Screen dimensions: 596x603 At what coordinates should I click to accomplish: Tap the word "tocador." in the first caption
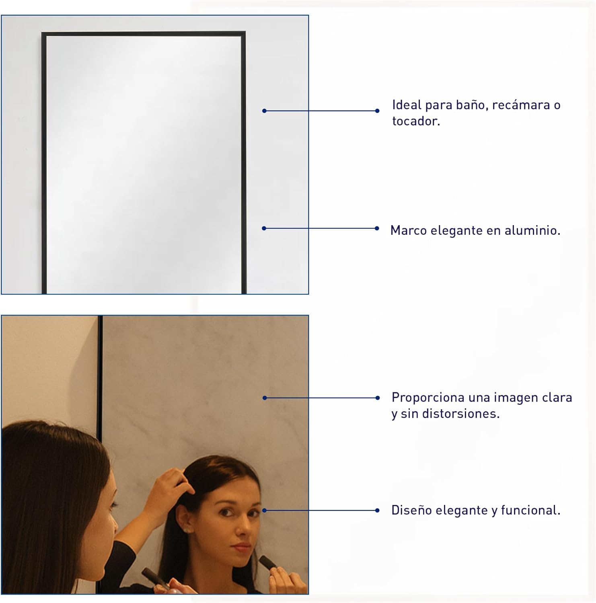pyautogui.click(x=416, y=121)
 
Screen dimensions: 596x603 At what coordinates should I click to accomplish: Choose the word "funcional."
pyautogui.click(x=531, y=511)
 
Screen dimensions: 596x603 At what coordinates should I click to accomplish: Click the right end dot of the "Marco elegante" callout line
pyautogui.click(x=377, y=228)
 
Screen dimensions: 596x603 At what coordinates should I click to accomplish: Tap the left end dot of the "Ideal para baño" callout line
pyautogui.click(x=264, y=111)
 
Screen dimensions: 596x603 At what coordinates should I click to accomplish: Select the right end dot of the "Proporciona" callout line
pyautogui.click(x=377, y=398)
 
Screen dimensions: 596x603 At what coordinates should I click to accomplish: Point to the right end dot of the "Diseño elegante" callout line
pyautogui.click(x=377, y=511)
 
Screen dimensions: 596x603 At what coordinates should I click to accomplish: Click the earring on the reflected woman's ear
pyautogui.click(x=187, y=531)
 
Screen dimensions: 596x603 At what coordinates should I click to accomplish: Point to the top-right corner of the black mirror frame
pyautogui.click(x=245, y=32)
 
